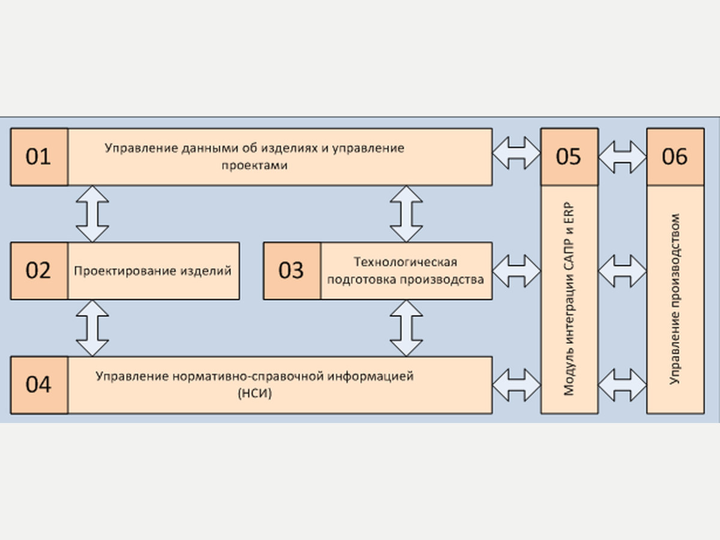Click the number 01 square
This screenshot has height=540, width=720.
[x=40, y=157]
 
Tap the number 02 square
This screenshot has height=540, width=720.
[x=40, y=271]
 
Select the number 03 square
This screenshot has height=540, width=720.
[x=292, y=271]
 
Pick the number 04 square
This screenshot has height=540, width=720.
[x=40, y=385]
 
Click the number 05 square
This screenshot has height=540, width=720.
[x=569, y=157]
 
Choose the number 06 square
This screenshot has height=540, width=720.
[x=676, y=157]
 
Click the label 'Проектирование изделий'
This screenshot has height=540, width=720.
[x=153, y=271]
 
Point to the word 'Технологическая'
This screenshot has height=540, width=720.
[x=406, y=262]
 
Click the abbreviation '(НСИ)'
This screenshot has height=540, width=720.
[x=255, y=393]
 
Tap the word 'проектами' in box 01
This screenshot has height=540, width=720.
[x=254, y=166]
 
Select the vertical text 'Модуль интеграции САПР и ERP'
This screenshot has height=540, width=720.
[x=569, y=299]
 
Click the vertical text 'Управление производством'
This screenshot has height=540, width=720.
[x=675, y=299]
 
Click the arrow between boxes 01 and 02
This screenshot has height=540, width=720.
[x=92, y=214]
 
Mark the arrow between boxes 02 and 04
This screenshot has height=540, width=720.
[x=92, y=328]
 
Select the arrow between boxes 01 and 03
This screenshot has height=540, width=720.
[x=406, y=214]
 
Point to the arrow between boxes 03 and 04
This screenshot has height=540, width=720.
[x=406, y=328]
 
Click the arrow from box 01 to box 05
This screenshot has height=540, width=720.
[x=517, y=153]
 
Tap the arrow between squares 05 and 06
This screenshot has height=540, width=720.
[x=623, y=157]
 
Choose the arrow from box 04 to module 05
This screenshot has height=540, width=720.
[x=517, y=385]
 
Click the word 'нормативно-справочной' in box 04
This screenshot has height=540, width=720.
[x=248, y=376]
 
